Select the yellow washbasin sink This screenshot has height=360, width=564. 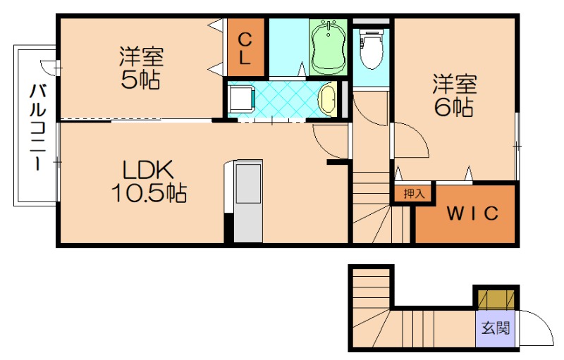pos(328,99)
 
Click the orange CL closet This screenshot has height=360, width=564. pos(245,47)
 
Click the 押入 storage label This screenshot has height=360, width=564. pos(413,192)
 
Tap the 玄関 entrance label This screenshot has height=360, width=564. pos(496,328)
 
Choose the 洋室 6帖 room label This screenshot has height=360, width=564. pos(454,95)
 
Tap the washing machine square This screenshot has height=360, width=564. pos(241,98)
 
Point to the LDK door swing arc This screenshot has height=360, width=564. pos(330,141)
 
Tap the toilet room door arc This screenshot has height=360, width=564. pos(368,110)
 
